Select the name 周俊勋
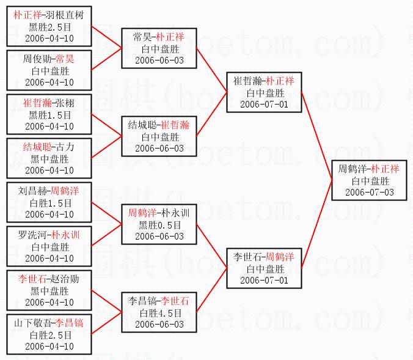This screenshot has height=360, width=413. coord(36,60)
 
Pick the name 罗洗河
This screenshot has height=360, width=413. coord(31,235)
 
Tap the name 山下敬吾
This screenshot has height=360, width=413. coord(31,323)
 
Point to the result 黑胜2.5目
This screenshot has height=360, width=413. coord(49,27)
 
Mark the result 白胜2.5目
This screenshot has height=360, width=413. coord(49,335)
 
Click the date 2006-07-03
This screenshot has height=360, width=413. coord(369,192)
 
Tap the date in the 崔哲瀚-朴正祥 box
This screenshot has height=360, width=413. coord(264,105)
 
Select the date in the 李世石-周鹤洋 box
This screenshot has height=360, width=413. coord(264,281)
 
